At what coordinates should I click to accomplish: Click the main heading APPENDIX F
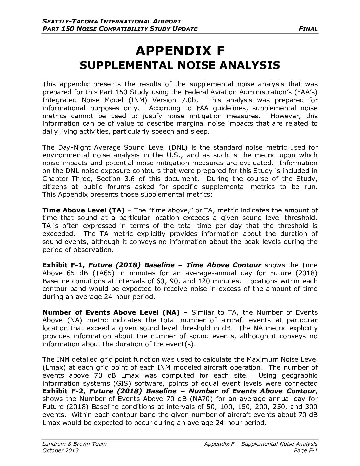(x=180, y=51)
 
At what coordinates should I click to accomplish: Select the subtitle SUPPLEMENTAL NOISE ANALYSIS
(x=180, y=65)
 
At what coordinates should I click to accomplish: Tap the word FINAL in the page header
(x=308, y=29)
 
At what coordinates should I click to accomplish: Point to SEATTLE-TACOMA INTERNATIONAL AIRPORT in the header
(x=112, y=22)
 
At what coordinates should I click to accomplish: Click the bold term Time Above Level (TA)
(x=83, y=210)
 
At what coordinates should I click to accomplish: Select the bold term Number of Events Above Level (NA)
(x=111, y=312)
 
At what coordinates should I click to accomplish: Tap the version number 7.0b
(x=188, y=100)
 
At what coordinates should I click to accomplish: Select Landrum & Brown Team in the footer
(x=74, y=444)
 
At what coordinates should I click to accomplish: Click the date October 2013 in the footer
(x=61, y=451)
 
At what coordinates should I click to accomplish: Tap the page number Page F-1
(x=306, y=451)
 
